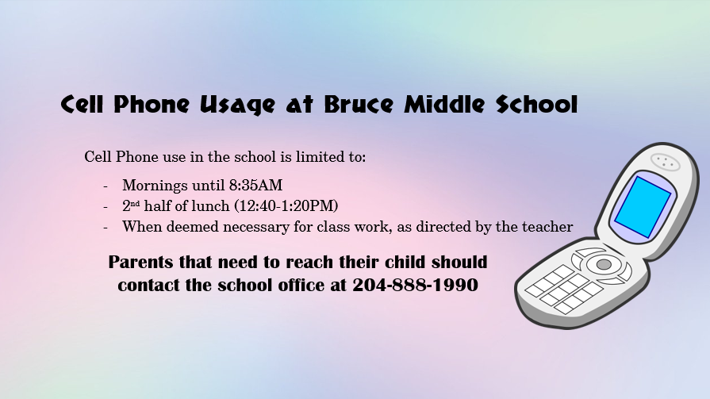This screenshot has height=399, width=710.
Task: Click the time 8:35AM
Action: (x=255, y=186)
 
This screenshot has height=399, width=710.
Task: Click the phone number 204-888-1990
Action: (x=415, y=285)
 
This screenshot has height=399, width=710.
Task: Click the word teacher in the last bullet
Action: (x=547, y=227)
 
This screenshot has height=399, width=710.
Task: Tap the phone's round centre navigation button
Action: (x=604, y=264)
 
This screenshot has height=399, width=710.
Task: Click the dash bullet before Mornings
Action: (x=106, y=186)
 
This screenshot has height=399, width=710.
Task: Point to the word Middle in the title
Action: (x=444, y=105)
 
